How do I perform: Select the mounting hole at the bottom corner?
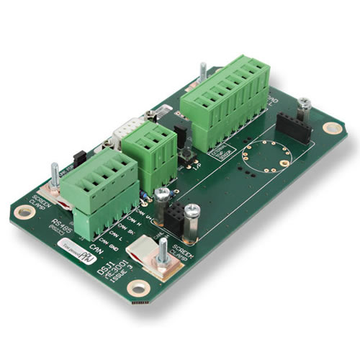137,289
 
